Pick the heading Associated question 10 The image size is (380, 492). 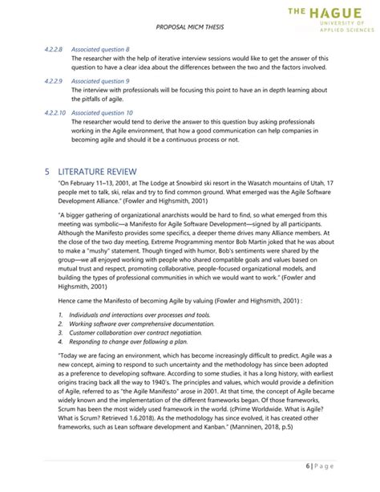click(102, 112)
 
